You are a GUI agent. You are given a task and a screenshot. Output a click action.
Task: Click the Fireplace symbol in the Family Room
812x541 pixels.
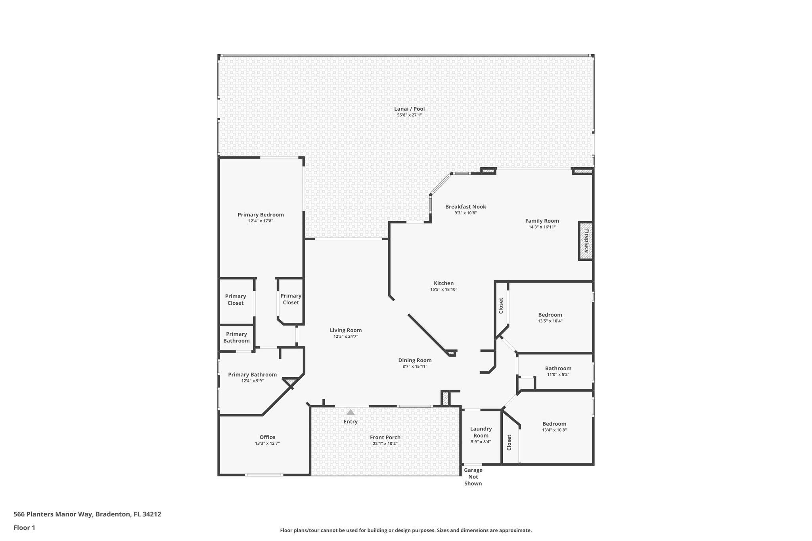tap(586, 241)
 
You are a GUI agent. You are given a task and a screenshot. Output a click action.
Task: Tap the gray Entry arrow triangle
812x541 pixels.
tap(350, 412)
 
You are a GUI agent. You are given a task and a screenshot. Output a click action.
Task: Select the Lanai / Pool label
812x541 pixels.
tap(409, 109)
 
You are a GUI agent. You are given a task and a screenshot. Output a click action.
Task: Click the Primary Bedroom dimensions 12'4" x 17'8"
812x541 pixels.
tap(260, 221)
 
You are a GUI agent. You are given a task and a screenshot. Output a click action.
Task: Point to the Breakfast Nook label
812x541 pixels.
tap(465, 206)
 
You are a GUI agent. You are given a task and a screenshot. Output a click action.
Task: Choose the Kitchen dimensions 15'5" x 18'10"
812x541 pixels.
tap(444, 289)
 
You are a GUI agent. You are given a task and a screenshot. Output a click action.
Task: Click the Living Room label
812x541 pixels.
tap(346, 330)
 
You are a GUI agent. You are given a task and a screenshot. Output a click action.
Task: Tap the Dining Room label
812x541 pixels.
tap(415, 360)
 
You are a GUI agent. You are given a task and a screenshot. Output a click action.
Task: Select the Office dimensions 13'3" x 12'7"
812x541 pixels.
tap(267, 444)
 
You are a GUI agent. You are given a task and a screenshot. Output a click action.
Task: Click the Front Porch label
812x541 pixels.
tap(385, 438)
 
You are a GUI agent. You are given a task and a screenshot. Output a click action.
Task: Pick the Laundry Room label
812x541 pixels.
tap(481, 432)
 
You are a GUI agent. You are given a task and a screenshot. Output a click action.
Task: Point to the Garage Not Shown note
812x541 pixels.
tap(473, 477)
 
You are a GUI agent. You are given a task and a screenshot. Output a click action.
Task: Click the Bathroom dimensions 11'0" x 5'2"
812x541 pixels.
tap(558, 375)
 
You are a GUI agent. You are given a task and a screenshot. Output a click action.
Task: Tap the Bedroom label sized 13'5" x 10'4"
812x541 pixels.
tap(550, 315)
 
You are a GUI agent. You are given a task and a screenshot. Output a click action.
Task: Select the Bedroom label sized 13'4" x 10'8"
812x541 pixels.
tap(554, 424)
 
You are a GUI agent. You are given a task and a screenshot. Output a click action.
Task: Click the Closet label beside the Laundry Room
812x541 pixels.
tap(509, 442)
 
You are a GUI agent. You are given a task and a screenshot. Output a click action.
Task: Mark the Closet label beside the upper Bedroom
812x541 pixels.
tap(501, 306)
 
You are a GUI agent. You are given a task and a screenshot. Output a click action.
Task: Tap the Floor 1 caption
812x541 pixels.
tap(24, 528)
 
